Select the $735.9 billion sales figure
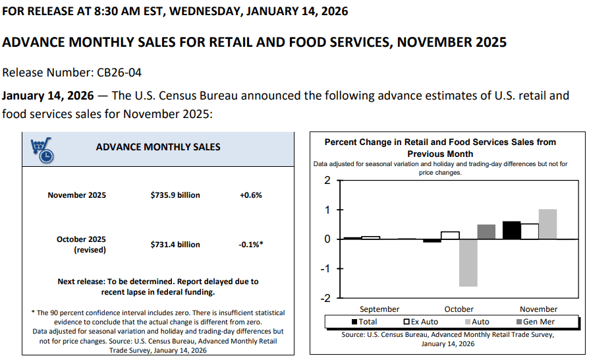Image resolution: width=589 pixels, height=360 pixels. tap(175, 195)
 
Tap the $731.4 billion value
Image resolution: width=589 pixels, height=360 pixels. tap(175, 245)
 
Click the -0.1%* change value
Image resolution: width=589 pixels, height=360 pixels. tap(251, 245)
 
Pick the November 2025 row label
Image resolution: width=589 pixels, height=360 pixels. tap(76, 195)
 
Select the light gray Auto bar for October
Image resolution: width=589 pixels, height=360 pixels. tap(468, 262)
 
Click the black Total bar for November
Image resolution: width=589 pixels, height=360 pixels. tap(511, 230)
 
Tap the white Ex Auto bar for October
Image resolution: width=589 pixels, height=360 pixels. tap(450, 235)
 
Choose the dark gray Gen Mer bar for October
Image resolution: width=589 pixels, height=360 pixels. tap(486, 231)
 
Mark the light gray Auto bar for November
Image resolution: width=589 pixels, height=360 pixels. tap(547, 224)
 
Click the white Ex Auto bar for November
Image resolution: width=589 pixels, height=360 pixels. tap(530, 231)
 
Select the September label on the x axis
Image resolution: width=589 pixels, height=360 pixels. tap(379, 309)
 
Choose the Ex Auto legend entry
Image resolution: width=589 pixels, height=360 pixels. tap(422, 322)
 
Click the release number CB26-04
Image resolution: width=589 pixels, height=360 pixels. tap(118, 72)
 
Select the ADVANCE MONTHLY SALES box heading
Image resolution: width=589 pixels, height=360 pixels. tap(158, 146)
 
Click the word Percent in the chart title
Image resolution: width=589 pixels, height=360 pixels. tap(342, 142)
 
